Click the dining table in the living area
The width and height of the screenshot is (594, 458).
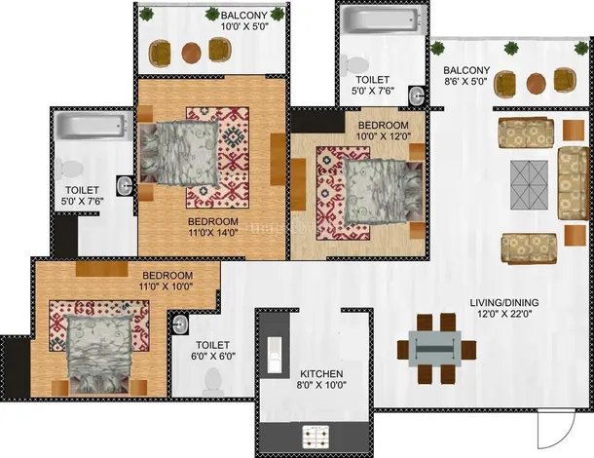[x=435, y=349]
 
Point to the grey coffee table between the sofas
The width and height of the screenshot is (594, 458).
[x=529, y=185]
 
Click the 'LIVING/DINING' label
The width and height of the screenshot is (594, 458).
[x=504, y=302]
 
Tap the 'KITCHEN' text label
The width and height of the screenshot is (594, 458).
[x=321, y=374]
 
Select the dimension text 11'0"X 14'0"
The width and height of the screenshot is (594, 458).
[x=213, y=233]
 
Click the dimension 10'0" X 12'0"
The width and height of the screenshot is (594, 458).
[x=384, y=136]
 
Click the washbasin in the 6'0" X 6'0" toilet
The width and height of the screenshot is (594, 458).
[x=179, y=324]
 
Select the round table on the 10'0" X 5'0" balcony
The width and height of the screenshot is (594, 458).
[x=191, y=53]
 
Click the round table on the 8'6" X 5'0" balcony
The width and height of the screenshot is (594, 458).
[x=536, y=84]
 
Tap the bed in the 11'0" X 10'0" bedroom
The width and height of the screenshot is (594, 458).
[x=98, y=353]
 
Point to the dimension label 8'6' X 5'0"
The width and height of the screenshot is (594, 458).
[x=465, y=81]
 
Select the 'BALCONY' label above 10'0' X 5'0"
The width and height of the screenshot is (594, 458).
[x=244, y=16]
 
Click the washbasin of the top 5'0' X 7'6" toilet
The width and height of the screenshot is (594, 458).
[x=417, y=95]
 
